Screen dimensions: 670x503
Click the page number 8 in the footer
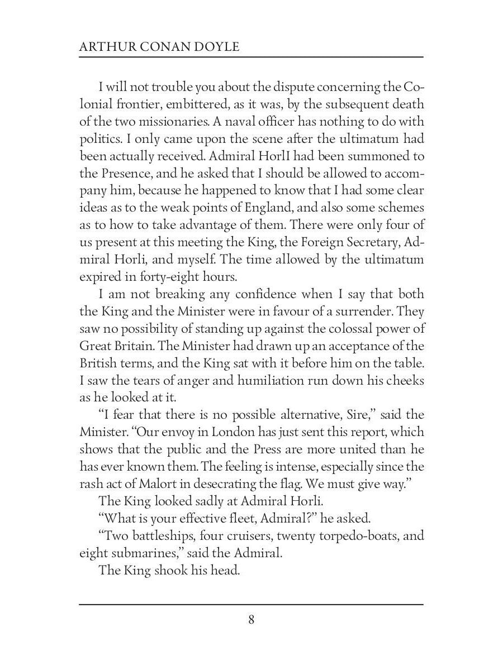(251, 620)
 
